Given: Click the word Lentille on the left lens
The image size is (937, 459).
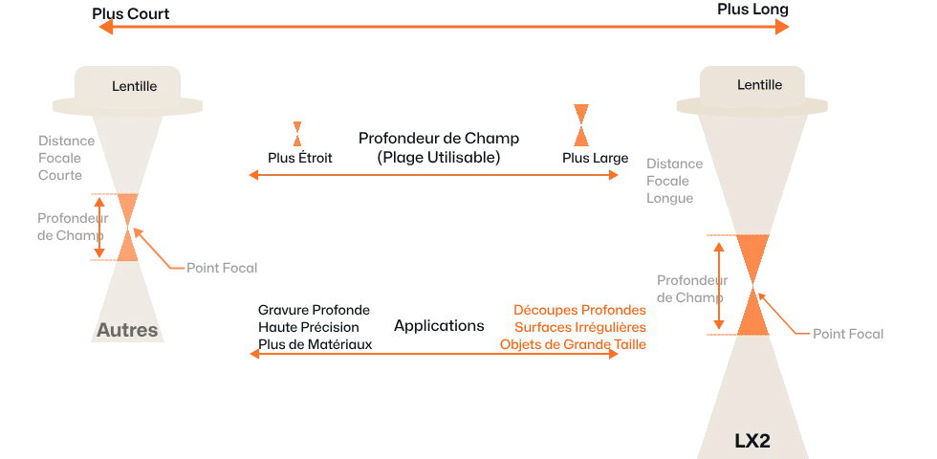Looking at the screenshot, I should (134, 87).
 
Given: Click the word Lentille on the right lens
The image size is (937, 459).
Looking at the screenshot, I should (759, 85).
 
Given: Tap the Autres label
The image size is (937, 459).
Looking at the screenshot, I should (126, 332).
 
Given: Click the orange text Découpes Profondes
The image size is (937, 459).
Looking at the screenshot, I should (580, 312).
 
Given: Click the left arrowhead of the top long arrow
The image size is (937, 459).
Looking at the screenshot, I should (101, 29).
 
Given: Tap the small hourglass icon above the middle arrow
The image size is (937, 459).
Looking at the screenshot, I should (298, 132).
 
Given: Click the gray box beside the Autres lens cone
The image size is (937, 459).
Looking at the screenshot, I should (62, 156).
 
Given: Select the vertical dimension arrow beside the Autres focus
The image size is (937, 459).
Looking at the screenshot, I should (98, 226).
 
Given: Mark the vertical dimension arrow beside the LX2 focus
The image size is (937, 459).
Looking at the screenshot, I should (717, 284).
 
